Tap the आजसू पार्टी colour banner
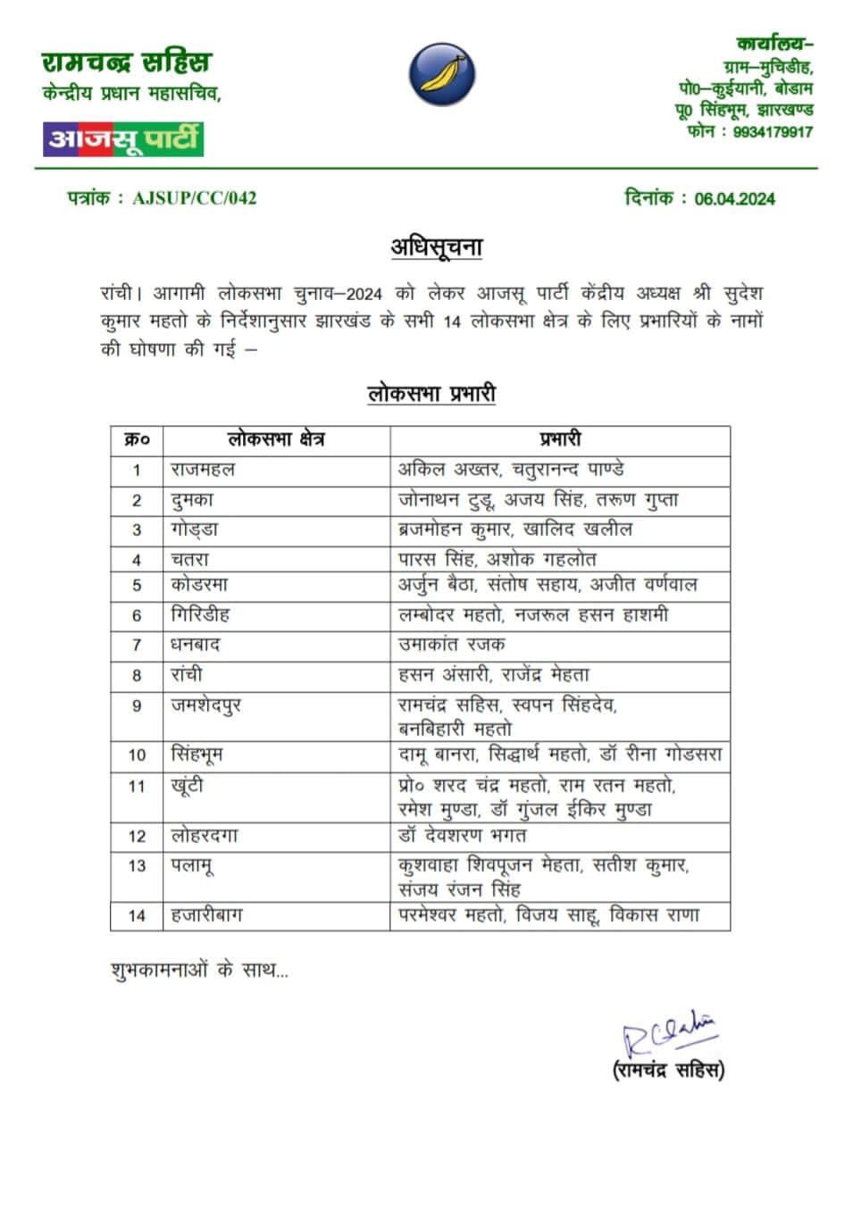[x=123, y=138]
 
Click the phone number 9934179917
[x=773, y=132]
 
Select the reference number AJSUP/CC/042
[x=194, y=198]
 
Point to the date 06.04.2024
[x=734, y=199]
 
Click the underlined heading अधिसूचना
[x=437, y=246]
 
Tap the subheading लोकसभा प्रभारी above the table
[x=431, y=394]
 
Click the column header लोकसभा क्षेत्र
[x=276, y=439]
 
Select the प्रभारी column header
[x=560, y=439]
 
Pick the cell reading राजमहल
[x=203, y=470]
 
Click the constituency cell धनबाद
[x=196, y=645]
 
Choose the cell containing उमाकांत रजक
[x=451, y=645]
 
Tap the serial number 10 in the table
[x=137, y=755]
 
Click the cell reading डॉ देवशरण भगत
[x=462, y=836]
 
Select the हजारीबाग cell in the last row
[x=206, y=915]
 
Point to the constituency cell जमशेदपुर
[x=206, y=705]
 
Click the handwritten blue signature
[x=668, y=1034]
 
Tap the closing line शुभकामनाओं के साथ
[x=199, y=970]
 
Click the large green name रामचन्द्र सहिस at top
[x=126, y=63]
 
